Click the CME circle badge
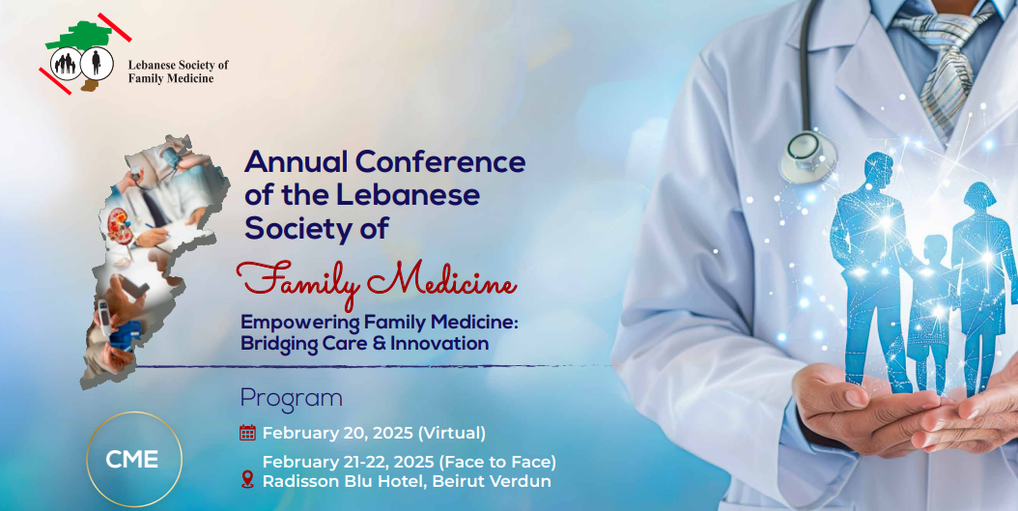pyautogui.click(x=134, y=459)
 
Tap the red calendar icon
pyautogui.click(x=247, y=433)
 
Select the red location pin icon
pyautogui.click(x=247, y=480)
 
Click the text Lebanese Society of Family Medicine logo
pyautogui.click(x=179, y=71)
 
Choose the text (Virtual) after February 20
pyautogui.click(x=452, y=433)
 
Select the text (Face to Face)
pyautogui.click(x=497, y=463)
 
